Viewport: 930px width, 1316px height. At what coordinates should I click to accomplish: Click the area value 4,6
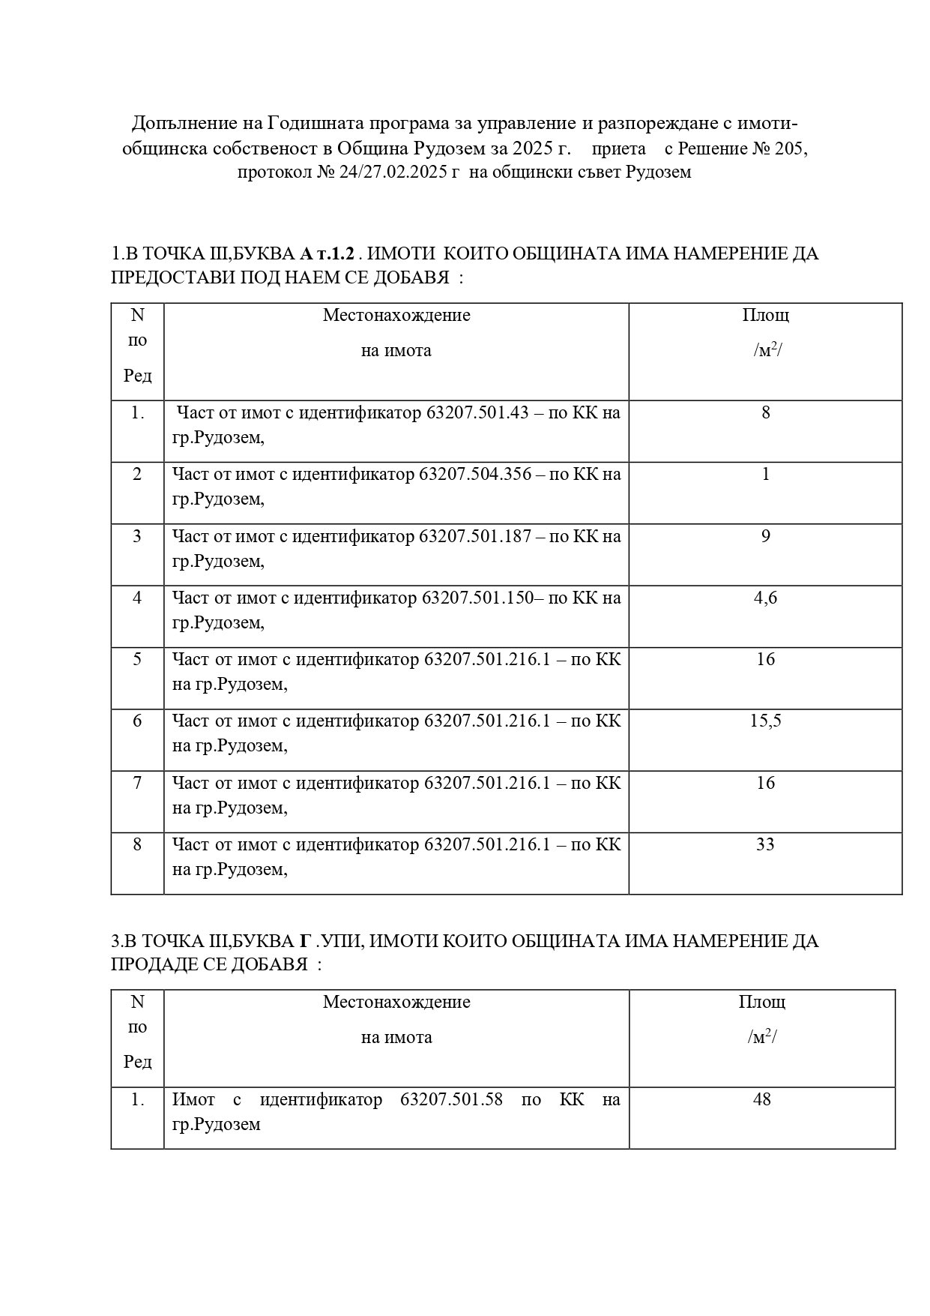(765, 598)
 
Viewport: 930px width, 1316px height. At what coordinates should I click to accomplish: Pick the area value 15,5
(765, 721)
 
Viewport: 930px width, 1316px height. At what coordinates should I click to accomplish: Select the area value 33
(765, 845)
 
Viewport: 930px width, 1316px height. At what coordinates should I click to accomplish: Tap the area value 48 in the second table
(762, 1100)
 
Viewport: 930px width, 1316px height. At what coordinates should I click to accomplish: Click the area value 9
(765, 537)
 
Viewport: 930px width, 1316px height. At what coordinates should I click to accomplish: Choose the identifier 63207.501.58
(451, 1100)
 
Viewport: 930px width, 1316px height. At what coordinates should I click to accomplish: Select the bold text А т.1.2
(327, 253)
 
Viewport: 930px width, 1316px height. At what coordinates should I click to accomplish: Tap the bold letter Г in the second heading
(305, 941)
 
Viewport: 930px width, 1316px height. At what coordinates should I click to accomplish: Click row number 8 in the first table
(137, 845)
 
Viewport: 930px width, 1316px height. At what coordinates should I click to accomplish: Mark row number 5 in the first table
(137, 660)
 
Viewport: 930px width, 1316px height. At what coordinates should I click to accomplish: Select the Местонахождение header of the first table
(396, 315)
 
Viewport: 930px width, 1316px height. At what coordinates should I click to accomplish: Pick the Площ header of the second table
(762, 1003)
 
